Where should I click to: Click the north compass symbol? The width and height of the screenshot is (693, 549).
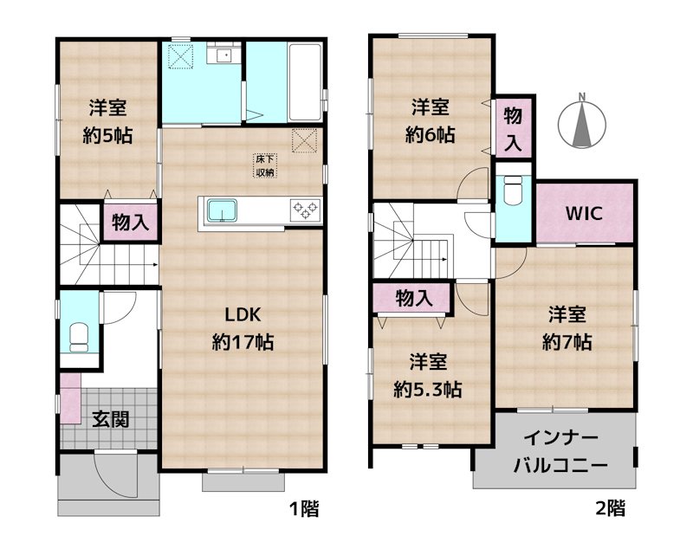tap(583, 122)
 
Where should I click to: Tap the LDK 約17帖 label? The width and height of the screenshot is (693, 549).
tap(243, 328)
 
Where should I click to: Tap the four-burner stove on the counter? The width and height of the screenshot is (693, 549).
tap(305, 208)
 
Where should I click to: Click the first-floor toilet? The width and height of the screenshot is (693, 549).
tap(79, 334)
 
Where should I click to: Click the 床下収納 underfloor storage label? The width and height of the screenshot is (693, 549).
tap(264, 165)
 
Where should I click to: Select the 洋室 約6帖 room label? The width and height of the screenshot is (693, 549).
tap(430, 120)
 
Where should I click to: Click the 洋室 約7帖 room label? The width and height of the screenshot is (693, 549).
tap(567, 328)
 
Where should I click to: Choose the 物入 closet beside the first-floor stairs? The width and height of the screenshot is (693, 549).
tap(130, 222)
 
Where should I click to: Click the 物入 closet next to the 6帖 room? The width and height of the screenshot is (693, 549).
tap(513, 127)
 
